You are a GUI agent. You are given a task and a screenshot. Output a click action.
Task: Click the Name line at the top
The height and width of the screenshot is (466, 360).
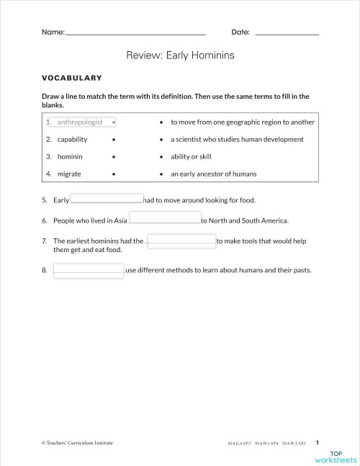(x=135, y=34)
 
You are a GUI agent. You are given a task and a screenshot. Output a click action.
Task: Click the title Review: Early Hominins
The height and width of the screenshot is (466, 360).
(x=180, y=55)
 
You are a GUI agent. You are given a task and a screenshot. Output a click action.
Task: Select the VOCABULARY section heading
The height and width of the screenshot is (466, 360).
(x=71, y=78)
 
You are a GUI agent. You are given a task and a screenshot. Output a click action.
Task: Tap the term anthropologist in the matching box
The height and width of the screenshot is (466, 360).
(x=81, y=122)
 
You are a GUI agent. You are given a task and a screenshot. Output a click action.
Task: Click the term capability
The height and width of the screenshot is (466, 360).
(x=73, y=140)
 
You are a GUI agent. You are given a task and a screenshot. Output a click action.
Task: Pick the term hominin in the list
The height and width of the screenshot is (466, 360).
(x=70, y=156)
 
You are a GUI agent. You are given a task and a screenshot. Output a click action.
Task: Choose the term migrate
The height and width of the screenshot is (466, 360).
(x=69, y=174)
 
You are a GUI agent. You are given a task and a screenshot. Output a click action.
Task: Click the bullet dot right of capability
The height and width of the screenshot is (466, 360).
(x=114, y=140)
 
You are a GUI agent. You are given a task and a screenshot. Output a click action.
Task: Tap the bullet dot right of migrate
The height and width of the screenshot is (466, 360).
(x=114, y=174)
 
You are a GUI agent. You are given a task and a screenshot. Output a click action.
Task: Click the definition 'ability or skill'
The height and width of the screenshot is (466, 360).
(x=191, y=156)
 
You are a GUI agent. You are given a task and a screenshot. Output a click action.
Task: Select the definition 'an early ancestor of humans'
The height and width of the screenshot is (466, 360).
(x=213, y=174)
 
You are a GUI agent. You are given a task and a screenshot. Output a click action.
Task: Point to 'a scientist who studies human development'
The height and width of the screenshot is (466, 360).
(x=237, y=140)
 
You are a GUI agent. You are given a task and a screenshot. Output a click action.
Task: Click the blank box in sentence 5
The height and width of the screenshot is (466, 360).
(x=107, y=200)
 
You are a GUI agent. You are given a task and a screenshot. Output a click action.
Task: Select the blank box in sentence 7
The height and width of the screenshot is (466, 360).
(x=181, y=241)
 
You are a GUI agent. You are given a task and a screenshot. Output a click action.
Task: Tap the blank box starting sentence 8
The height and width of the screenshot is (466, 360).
(x=89, y=271)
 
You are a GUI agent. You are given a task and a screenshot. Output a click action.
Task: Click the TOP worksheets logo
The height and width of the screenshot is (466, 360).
(x=336, y=456)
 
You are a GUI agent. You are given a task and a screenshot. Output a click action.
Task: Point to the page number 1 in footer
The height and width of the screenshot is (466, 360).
(x=318, y=442)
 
